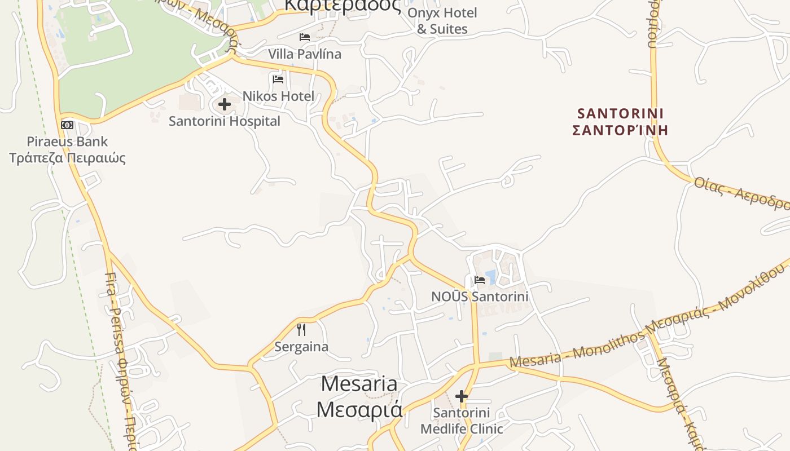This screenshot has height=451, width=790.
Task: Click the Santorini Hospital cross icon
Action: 225,104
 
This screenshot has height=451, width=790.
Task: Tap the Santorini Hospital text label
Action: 225,121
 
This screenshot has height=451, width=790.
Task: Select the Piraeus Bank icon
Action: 67,125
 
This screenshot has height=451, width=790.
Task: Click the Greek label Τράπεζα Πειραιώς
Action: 67,157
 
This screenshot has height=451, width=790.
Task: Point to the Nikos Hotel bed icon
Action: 278,79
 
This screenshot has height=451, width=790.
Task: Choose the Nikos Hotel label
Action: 278,96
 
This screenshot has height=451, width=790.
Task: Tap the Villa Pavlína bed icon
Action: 305,37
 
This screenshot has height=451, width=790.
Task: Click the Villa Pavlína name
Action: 305,54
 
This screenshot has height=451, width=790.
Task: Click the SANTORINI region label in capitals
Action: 621,113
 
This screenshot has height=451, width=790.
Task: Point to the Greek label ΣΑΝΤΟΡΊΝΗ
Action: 621,130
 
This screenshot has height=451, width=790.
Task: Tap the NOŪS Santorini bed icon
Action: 480,280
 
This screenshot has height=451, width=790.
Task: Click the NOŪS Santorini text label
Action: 480,297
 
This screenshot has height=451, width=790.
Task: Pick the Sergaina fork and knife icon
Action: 301,330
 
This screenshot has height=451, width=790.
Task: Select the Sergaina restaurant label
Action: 301,347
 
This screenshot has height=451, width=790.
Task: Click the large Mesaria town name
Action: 359,384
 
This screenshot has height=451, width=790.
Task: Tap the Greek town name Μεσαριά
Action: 359,409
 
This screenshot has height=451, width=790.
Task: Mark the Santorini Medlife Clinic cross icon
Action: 462,396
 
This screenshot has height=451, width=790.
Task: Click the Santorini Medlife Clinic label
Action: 462,421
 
